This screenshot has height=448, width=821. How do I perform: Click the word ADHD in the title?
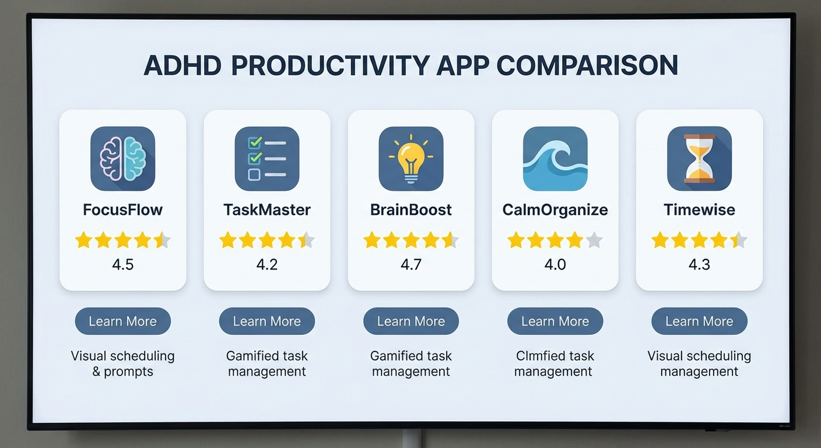point(183,65)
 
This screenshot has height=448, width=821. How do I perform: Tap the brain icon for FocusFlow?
point(123,159)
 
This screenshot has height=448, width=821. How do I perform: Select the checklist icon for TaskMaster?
point(267,159)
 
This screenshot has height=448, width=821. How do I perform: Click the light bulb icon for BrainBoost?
point(411,159)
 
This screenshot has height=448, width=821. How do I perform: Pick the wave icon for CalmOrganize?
point(555,159)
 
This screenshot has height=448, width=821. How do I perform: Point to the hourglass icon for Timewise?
point(699,159)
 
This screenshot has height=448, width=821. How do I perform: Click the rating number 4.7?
point(411,265)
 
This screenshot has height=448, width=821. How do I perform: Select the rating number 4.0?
point(555,265)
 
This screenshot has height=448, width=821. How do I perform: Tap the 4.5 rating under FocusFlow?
point(123,265)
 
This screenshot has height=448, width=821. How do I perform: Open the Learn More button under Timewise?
point(699,321)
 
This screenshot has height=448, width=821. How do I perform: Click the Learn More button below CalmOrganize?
point(555,321)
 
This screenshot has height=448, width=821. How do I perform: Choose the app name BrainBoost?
point(411,210)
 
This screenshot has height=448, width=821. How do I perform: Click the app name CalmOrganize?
point(555,210)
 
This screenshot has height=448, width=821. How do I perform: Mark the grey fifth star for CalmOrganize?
point(594,240)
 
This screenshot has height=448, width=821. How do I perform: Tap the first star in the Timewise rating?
point(660,240)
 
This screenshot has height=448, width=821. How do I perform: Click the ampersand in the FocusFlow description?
point(96,372)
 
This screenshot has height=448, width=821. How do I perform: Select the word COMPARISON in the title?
point(587,65)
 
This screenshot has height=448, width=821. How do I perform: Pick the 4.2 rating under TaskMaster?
point(267,265)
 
